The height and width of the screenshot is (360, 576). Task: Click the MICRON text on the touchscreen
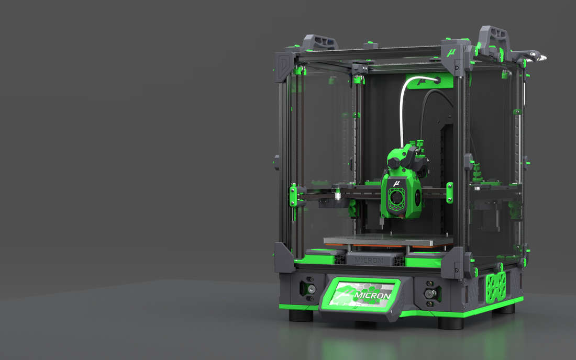click(x=372, y=296)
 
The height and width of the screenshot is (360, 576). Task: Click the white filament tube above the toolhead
click(x=404, y=105)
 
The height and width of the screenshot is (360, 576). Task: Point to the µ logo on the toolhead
click(x=396, y=183)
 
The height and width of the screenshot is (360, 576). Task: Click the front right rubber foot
click(x=451, y=321)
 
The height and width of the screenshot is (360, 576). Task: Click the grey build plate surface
click(x=388, y=240)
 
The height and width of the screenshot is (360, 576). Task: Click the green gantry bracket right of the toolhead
click(x=450, y=192)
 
